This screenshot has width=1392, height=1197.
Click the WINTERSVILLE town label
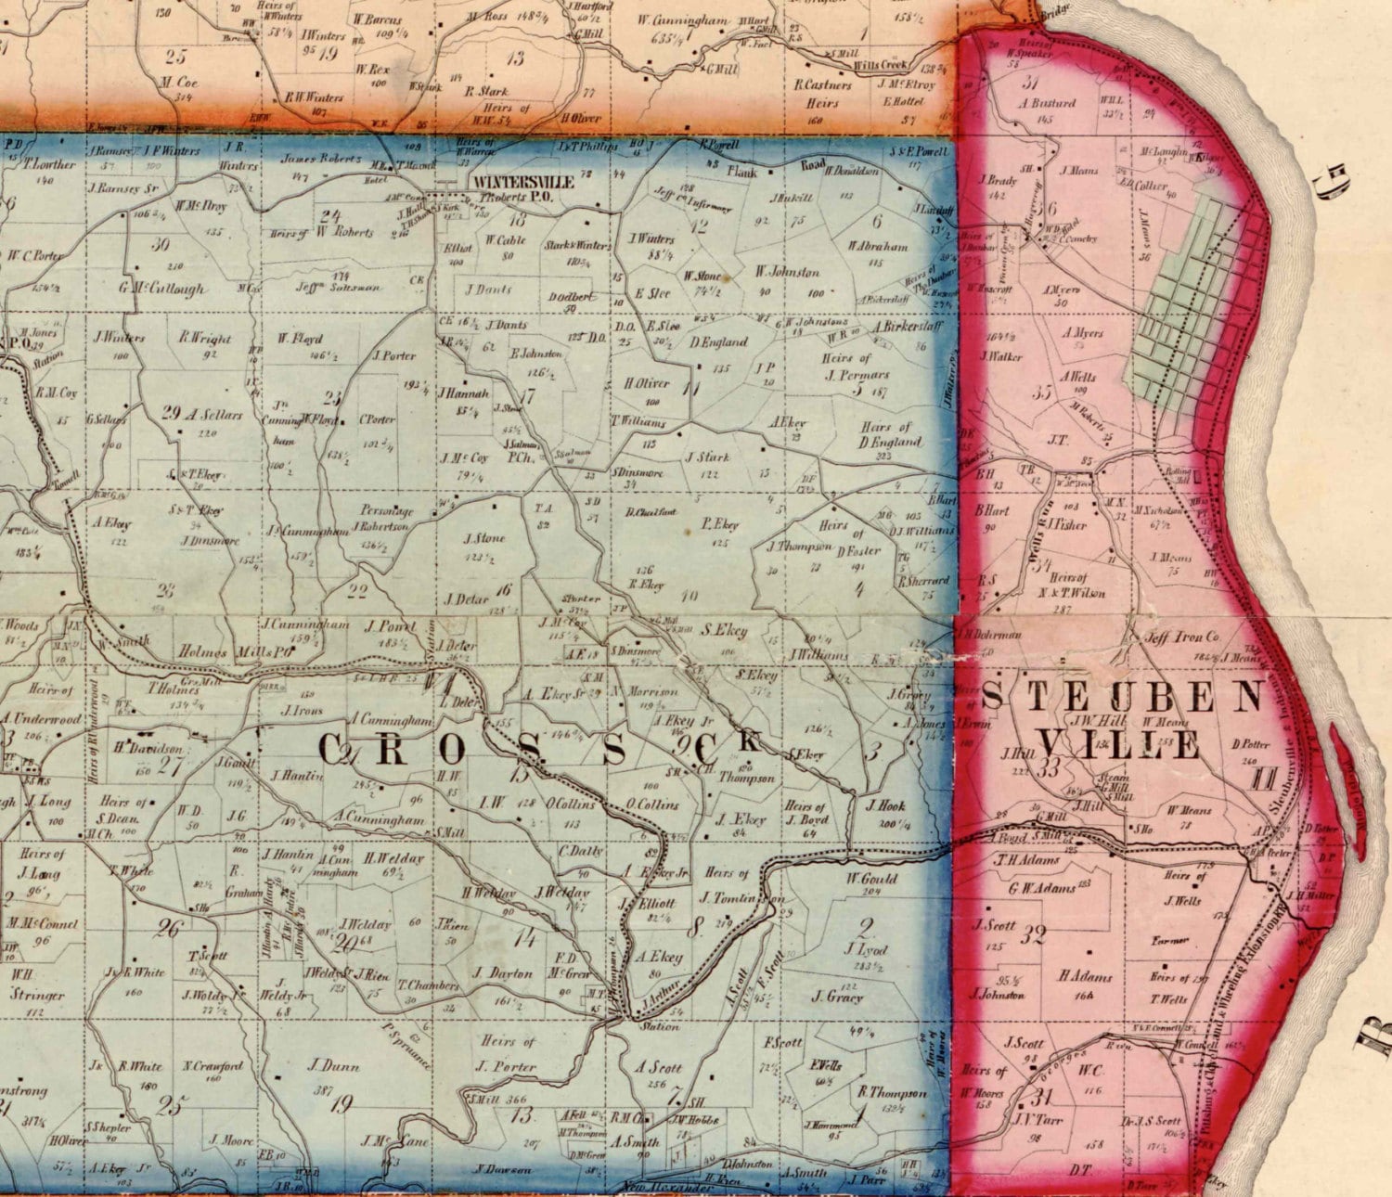pyautogui.click(x=522, y=183)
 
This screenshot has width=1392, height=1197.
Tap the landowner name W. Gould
pyautogui.click(x=871, y=878)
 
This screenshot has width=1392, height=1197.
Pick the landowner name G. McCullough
pyautogui.click(x=161, y=288)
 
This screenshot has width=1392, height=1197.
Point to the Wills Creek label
pyautogui.click(x=880, y=66)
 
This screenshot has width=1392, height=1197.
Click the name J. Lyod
pyautogui.click(x=866, y=949)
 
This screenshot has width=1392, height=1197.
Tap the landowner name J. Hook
pyautogui.click(x=885, y=805)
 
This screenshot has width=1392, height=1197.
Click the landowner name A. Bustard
pyautogui.click(x=1048, y=103)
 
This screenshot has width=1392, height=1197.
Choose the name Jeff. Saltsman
pyautogui.click(x=338, y=287)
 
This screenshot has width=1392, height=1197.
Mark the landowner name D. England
pyautogui.click(x=718, y=341)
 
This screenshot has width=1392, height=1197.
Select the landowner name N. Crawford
pyautogui.click(x=213, y=1066)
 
